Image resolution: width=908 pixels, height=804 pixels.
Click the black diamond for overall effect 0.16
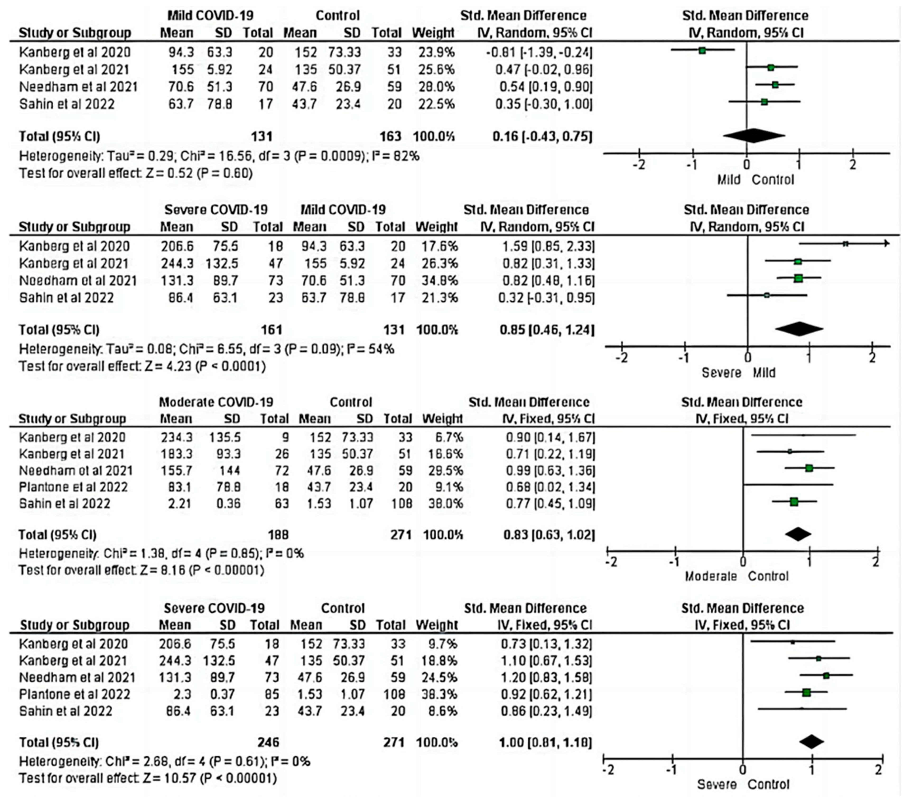[x=754, y=136]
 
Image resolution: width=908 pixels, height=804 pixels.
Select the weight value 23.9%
[x=436, y=52]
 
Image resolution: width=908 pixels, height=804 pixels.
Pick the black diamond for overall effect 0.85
[x=799, y=329]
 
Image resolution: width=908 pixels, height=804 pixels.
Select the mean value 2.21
[x=179, y=503]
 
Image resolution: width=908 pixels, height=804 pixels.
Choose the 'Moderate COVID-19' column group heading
[x=216, y=402]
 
